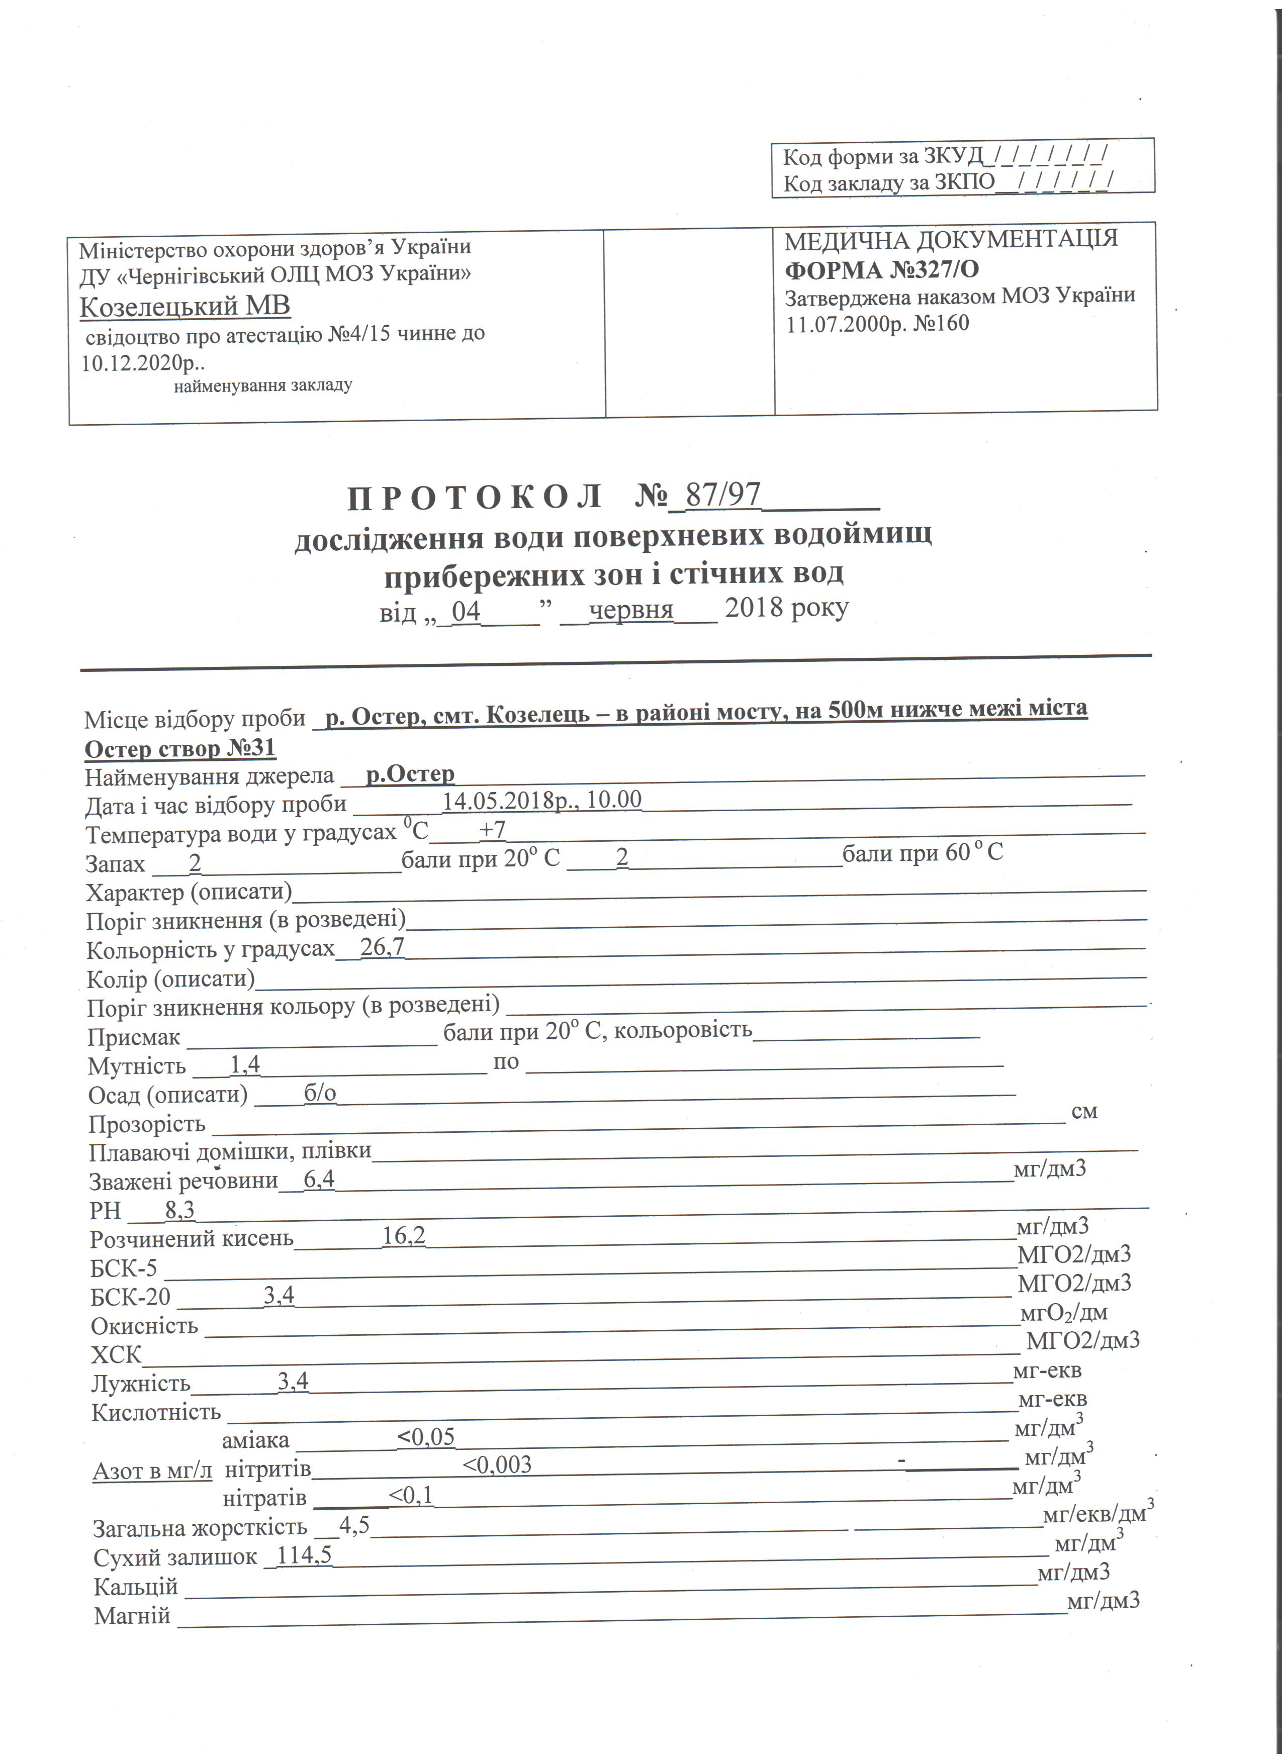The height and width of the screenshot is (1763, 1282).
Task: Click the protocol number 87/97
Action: [722, 495]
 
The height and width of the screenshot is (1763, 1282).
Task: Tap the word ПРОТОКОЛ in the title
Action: [474, 498]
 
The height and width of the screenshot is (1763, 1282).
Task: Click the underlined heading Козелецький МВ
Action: [185, 306]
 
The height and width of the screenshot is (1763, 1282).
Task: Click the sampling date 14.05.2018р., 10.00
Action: [542, 800]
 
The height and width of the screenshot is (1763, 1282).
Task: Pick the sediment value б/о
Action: [320, 1094]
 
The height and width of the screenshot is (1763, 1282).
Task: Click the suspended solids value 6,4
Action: [319, 1179]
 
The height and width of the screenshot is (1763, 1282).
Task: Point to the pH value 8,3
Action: [179, 1210]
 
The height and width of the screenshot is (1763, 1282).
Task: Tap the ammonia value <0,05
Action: [425, 1436]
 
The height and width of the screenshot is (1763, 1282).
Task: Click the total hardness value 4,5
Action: [354, 1525]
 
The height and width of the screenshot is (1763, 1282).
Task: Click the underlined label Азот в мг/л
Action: [152, 1471]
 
